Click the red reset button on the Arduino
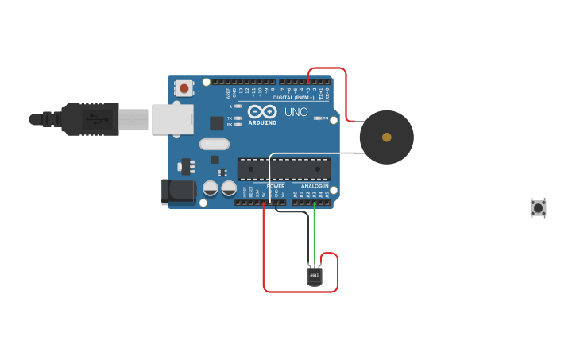(184, 88)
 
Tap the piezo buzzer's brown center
(386, 137)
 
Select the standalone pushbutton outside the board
(538, 208)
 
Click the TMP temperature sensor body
(315, 276)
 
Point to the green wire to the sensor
(315, 234)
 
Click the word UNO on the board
(296, 112)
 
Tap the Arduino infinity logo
(262, 112)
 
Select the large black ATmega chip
(284, 169)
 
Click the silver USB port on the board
(172, 119)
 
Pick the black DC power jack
(178, 191)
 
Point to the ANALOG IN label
(315, 186)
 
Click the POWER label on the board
(275, 186)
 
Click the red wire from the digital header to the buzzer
(346, 95)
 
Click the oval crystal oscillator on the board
(214, 144)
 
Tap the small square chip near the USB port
(216, 123)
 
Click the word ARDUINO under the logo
(262, 122)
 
